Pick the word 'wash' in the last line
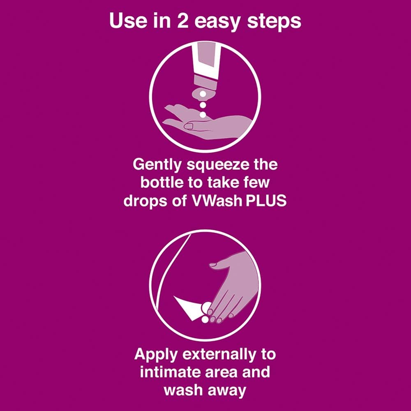coord(183,390)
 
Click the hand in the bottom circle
coord(224,288)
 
